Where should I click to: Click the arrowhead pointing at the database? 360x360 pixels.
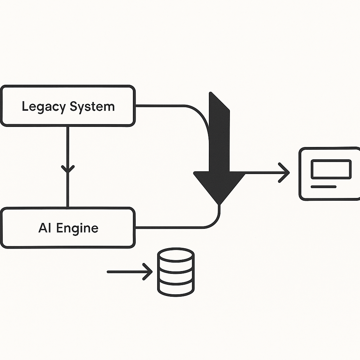(148, 272)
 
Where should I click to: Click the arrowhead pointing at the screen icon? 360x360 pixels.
(285, 173)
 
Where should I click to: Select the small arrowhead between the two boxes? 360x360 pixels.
(67, 168)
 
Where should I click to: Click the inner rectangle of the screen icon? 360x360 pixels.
(331, 169)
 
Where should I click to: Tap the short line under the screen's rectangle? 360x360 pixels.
(323, 187)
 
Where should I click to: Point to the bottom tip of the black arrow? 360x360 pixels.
(219, 203)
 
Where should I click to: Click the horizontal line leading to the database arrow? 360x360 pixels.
(123, 272)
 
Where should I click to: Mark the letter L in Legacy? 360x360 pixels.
(25, 106)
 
